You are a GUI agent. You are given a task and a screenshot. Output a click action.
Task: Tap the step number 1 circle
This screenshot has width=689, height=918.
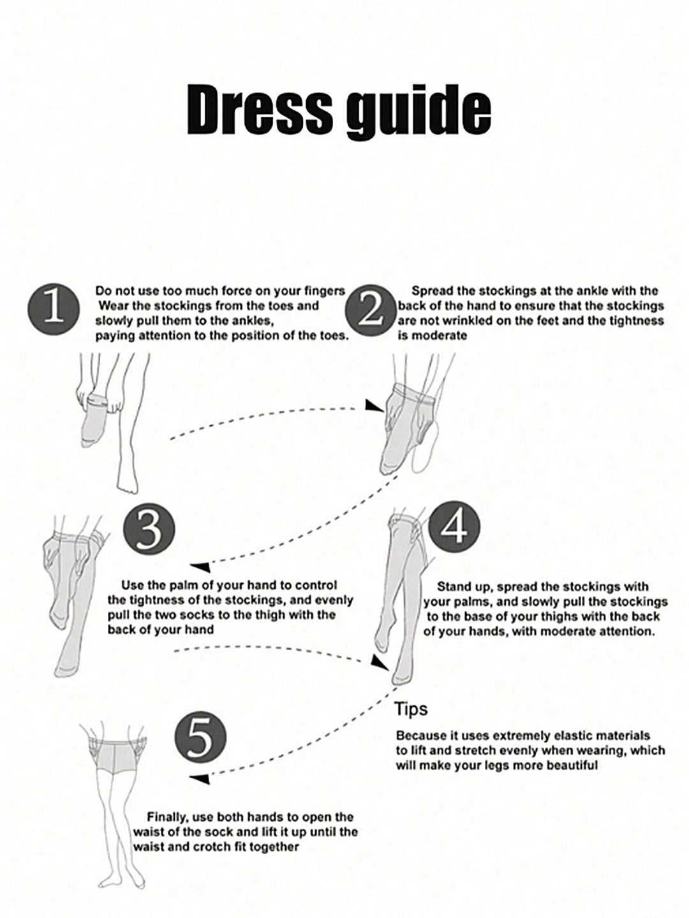click(54, 309)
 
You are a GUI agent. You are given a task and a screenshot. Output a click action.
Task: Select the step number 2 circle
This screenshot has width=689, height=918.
click(371, 310)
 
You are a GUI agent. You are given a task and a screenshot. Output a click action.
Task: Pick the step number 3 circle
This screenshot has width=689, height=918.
click(149, 529)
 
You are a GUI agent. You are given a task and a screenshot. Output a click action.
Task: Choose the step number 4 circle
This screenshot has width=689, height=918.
click(454, 527)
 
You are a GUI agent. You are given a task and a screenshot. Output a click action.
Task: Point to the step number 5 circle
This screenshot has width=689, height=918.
click(201, 737)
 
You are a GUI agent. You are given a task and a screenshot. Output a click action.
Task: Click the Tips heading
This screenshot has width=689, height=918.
click(411, 709)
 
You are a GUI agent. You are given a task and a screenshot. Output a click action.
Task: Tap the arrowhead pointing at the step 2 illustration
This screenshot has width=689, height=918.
click(374, 406)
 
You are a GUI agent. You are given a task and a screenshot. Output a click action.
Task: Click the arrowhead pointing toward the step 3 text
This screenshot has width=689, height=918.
click(200, 567)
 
